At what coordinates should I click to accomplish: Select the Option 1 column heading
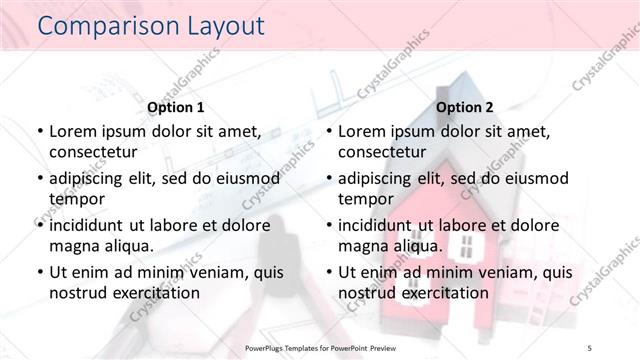point(175,106)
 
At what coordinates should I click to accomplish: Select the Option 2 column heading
point(465,106)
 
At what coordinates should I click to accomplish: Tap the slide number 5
point(591,348)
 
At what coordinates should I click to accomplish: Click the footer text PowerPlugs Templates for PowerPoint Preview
point(319,348)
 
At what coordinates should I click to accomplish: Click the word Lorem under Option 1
point(74,131)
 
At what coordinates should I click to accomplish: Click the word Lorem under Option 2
point(364,131)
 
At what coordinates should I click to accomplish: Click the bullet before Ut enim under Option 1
point(38,273)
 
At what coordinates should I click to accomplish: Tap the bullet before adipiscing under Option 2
point(328,179)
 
